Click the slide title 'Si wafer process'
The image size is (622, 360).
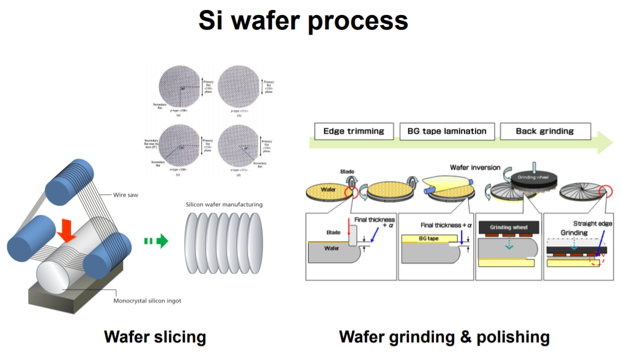pyautogui.click(x=303, y=21)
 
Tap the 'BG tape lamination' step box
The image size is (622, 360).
pyautogui.click(x=446, y=131)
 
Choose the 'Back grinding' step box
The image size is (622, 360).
pyautogui.click(x=544, y=131)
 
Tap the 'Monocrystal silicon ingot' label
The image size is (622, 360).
pyautogui.click(x=147, y=301)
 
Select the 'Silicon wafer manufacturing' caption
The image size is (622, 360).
pyautogui.click(x=224, y=205)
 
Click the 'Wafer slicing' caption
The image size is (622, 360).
pyautogui.click(x=155, y=337)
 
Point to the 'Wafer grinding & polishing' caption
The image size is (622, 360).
pyautogui.click(x=444, y=337)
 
